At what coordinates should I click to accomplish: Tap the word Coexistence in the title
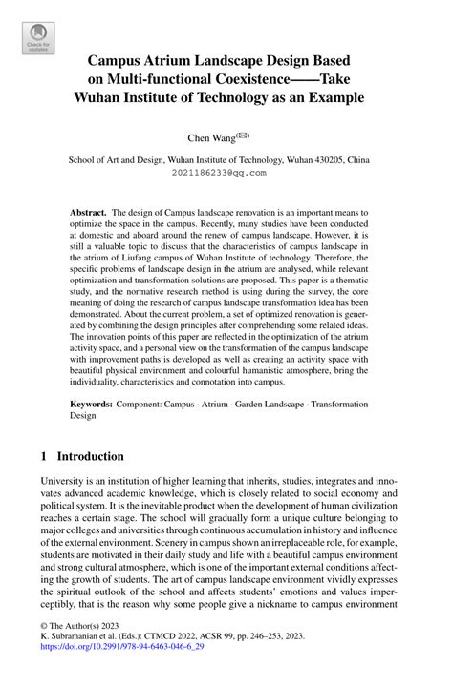pos(250,77)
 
